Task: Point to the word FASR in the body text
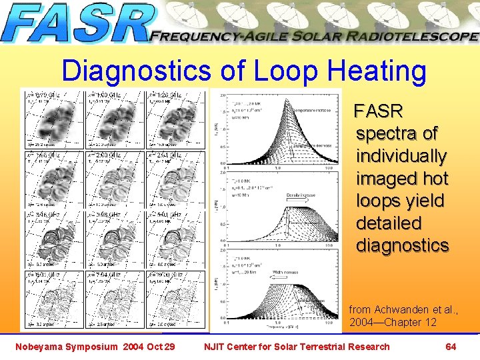click(x=378, y=110)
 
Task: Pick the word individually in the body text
click(x=401, y=156)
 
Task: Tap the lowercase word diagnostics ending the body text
click(x=403, y=245)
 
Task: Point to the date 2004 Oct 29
click(x=153, y=346)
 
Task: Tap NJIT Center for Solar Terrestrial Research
click(x=297, y=346)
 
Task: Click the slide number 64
click(x=451, y=346)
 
